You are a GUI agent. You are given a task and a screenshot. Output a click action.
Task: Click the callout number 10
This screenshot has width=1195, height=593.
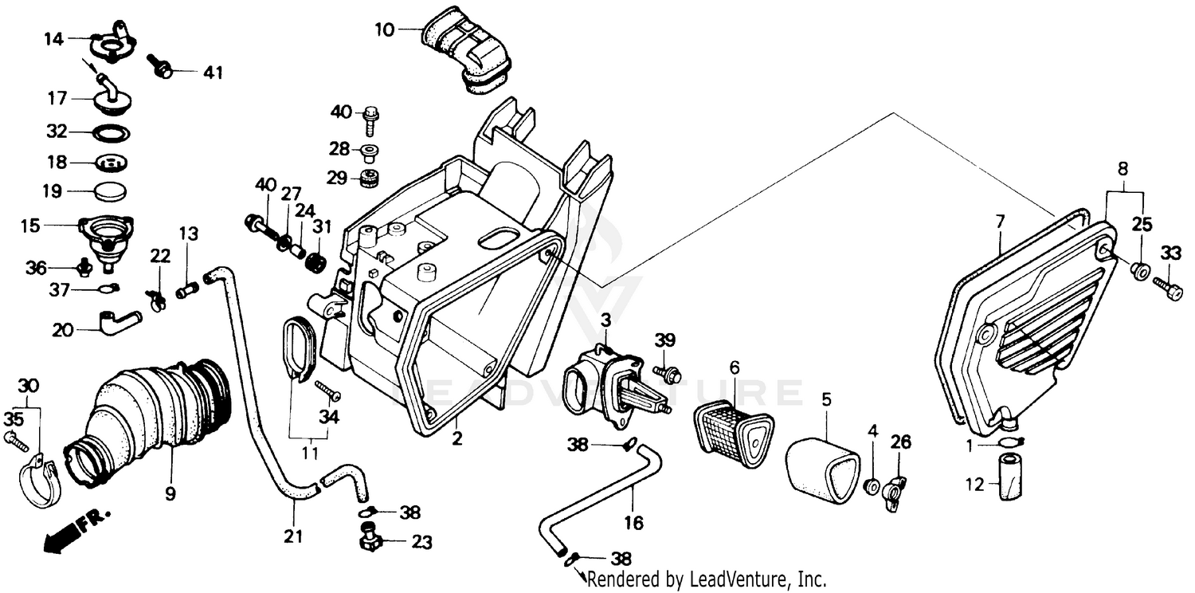(x=384, y=30)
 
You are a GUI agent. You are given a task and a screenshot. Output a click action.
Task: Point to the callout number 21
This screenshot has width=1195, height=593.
(x=293, y=537)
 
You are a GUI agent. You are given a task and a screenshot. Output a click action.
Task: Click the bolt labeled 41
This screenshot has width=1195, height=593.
(x=162, y=71)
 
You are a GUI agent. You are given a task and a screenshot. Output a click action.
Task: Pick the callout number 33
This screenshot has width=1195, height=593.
(x=1170, y=254)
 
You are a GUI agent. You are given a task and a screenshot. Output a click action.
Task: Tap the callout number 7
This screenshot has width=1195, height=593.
(x=1001, y=219)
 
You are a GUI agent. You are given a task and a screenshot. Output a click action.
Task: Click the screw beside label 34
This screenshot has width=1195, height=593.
(x=328, y=391)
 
